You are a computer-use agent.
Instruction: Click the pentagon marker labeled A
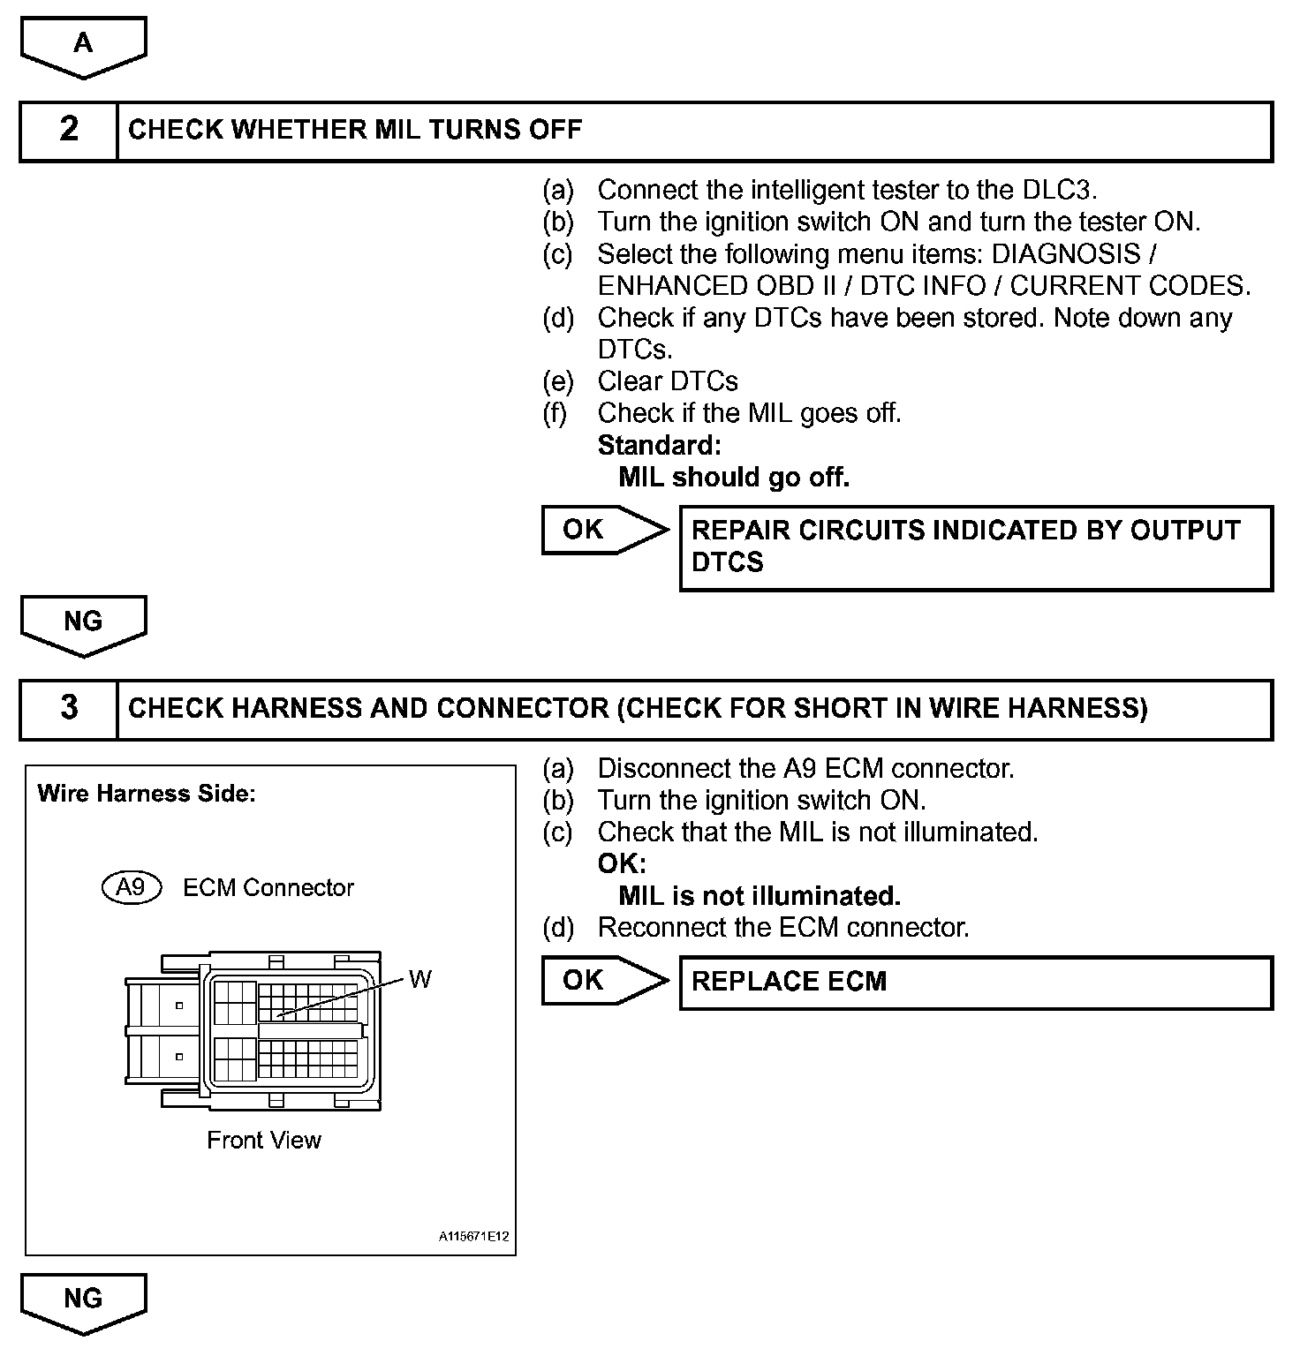[83, 45]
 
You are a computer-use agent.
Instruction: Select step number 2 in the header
[69, 131]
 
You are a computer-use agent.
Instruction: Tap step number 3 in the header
[69, 709]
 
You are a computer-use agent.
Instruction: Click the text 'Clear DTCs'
[667, 381]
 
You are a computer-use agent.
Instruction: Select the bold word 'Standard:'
[659, 445]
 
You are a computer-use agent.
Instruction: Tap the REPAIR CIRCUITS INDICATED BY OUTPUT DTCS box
[975, 547]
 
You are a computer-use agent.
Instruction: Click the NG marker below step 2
[83, 623]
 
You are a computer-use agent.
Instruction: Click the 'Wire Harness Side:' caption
[147, 794]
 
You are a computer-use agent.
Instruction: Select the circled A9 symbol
[132, 887]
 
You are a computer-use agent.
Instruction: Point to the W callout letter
[420, 980]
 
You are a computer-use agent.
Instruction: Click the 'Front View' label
[264, 1141]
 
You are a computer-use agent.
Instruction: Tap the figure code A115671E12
[474, 1237]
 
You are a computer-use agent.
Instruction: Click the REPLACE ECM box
[975, 983]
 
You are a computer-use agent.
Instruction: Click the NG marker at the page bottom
[83, 1299]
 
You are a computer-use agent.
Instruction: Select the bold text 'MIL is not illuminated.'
[760, 896]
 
